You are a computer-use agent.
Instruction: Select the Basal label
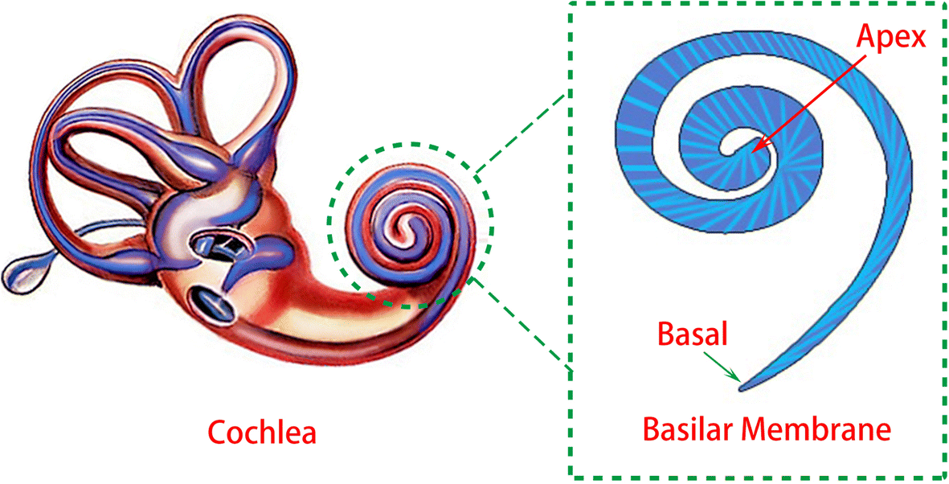[692, 333]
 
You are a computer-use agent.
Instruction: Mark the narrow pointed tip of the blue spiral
[742, 389]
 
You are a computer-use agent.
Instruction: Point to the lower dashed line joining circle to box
[522, 322]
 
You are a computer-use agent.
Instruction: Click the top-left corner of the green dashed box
[571, 4]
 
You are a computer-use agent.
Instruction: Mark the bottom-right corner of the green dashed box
[944, 478]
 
